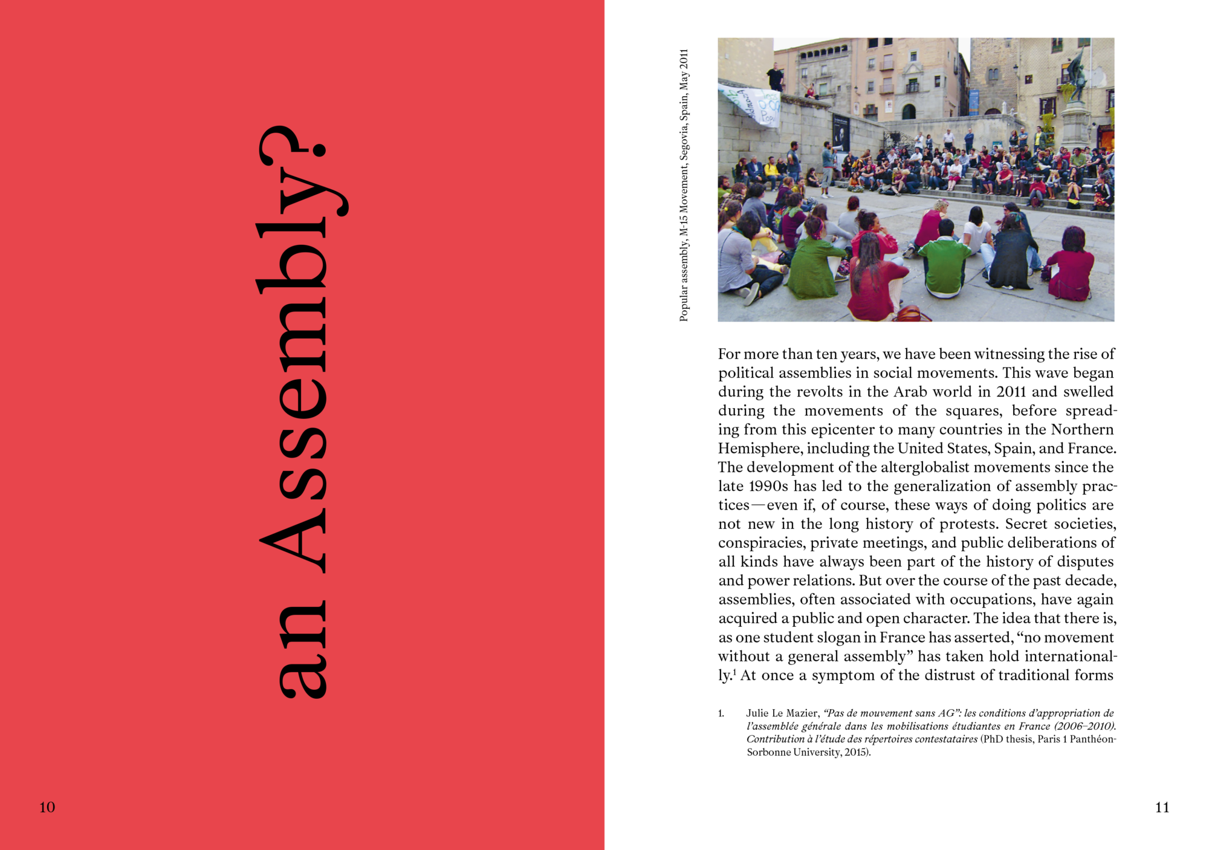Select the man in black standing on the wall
pos(775,77)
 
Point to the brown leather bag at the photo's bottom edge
pos(912,314)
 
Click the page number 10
pos(47,807)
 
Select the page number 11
pos(1162,807)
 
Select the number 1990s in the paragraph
pos(768,486)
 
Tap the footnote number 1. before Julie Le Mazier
pos(721,713)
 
